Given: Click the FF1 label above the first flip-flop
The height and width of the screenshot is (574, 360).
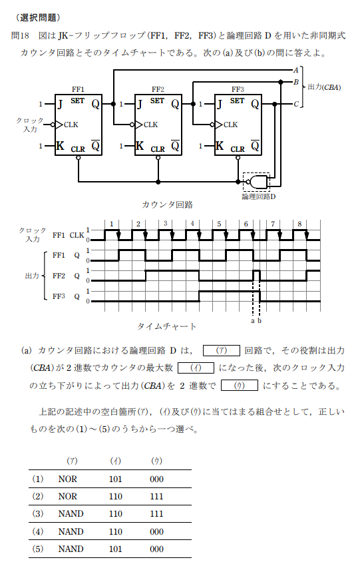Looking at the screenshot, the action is (x=78, y=89).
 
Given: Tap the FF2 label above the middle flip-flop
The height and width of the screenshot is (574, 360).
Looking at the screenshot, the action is (x=158, y=89).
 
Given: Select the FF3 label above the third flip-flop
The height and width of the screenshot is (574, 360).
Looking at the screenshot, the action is (x=238, y=89).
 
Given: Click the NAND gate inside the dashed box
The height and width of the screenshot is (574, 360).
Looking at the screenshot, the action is (x=258, y=182).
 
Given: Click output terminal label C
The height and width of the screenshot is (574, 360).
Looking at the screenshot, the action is (x=296, y=105).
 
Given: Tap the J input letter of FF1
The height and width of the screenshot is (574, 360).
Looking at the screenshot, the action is (x=61, y=105).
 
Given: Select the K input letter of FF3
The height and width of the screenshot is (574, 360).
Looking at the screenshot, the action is (x=220, y=146).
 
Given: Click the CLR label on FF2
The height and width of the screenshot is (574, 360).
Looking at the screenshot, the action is (x=158, y=149).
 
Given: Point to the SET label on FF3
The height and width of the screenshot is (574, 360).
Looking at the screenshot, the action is (x=237, y=101).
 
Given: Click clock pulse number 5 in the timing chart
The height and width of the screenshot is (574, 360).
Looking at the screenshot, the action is (x=219, y=224).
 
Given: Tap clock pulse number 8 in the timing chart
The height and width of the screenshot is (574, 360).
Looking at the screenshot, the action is (x=299, y=224).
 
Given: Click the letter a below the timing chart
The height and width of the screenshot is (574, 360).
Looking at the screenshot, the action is (x=252, y=321).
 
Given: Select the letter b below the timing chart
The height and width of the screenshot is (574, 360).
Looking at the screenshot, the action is (x=260, y=321).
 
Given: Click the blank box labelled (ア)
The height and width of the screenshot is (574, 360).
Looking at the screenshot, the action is (x=222, y=350).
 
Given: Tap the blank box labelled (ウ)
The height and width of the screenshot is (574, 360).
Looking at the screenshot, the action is (x=240, y=386).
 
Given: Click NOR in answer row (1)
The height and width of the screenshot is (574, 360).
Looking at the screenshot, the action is (x=68, y=479).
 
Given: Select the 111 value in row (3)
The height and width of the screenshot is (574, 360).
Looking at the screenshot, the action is (x=156, y=513).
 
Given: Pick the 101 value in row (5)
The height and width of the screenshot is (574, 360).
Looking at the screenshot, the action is (x=116, y=549).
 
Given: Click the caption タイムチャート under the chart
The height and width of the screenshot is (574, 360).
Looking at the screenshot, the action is (x=167, y=326).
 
